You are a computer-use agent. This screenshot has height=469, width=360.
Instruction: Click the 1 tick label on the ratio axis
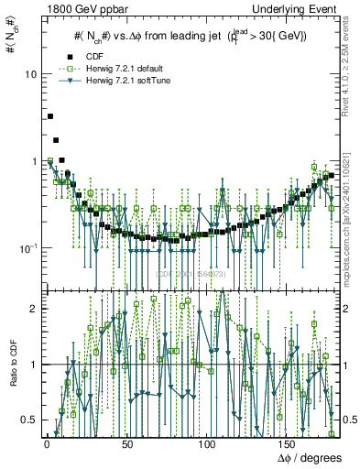pyautogui.click(x=33, y=365)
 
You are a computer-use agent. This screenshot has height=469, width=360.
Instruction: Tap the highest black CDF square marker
pyautogui.click(x=50, y=116)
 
